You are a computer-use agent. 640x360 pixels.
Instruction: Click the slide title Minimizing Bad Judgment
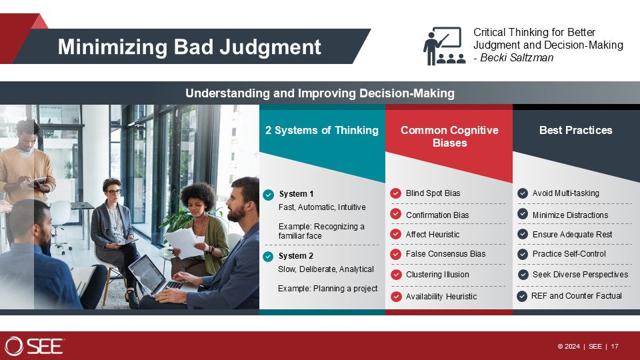[189, 47]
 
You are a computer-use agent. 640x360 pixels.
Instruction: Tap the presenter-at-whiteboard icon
[444, 46]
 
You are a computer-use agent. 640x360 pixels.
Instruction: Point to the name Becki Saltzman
[517, 57]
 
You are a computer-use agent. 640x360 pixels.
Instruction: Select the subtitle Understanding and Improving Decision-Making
[320, 93]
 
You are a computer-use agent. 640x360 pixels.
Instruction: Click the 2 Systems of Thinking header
[322, 130]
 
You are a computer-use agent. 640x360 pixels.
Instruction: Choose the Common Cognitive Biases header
[449, 136]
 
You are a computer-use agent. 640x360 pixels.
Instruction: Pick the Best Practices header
[576, 130]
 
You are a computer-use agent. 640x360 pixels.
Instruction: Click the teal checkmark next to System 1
[268, 195]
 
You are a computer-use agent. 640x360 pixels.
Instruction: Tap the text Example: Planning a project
[328, 289]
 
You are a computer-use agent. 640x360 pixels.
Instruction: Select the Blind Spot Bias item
[433, 193]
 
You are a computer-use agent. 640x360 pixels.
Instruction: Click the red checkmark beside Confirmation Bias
[395, 214]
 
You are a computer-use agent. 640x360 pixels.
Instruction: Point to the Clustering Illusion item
[437, 275]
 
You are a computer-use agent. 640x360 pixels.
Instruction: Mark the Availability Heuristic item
[441, 297]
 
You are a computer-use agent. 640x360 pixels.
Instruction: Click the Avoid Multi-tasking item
[566, 193]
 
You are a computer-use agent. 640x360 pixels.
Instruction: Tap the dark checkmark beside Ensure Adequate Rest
[523, 234]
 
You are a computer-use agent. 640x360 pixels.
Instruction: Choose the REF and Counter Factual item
[576, 295]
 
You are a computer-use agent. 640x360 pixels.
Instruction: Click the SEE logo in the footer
[34, 346]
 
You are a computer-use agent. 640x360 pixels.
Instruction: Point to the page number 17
[615, 347]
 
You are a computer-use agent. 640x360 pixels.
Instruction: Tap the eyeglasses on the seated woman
[113, 191]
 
